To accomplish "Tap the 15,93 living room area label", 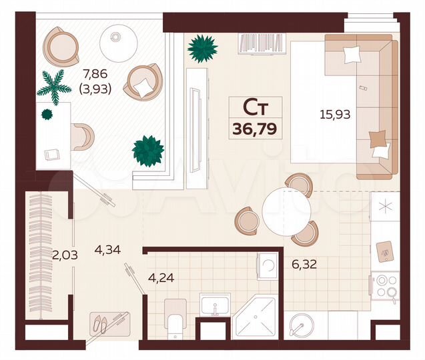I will [x=334, y=115].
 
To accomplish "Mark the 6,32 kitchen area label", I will [x=303, y=264].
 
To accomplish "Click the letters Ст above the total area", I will [x=255, y=107].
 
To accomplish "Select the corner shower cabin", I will [x=254, y=323].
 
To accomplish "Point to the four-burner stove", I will [x=386, y=286].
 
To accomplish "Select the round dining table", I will [x=286, y=209].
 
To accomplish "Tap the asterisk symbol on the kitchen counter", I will [x=384, y=206].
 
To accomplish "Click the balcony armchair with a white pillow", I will [x=142, y=82].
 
